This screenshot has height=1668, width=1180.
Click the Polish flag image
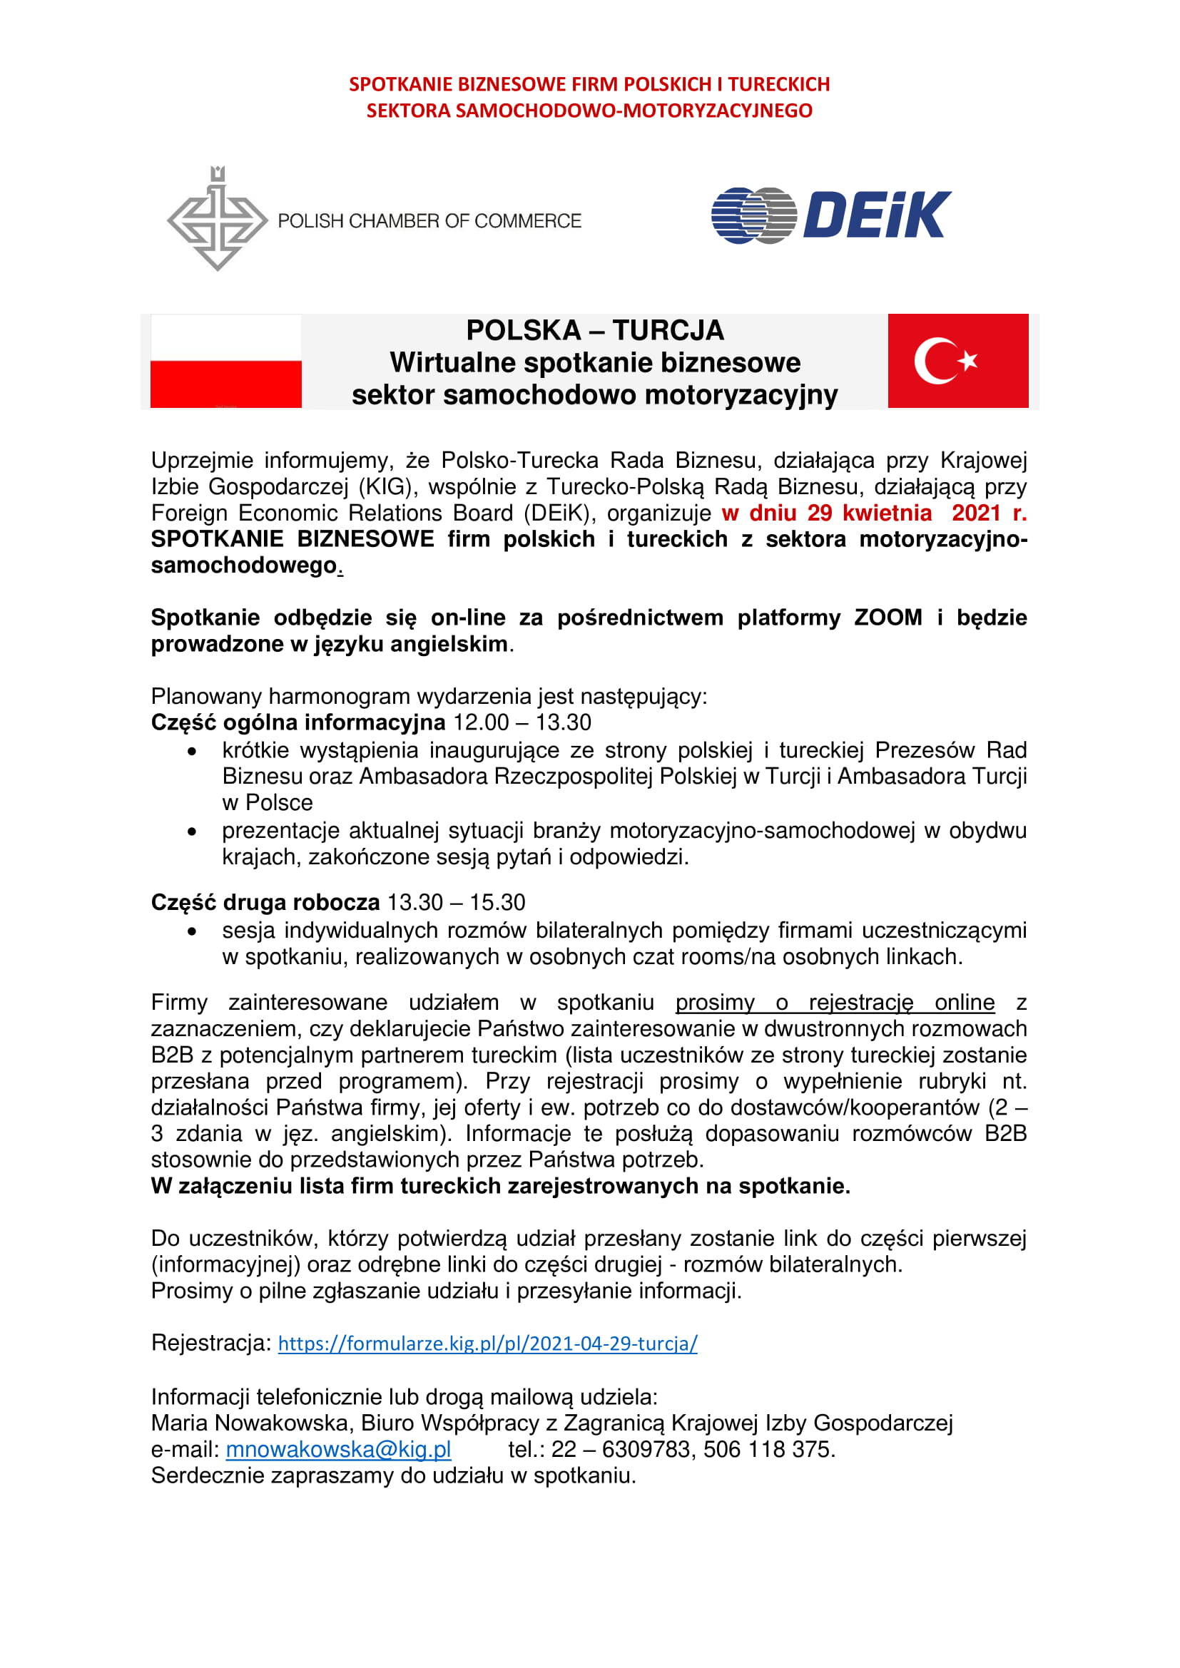(x=225, y=361)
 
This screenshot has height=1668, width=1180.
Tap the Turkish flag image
(x=957, y=361)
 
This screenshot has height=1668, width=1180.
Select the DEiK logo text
(x=876, y=215)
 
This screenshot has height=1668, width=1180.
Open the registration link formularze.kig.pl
(x=487, y=1344)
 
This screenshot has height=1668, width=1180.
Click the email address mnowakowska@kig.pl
(x=338, y=1449)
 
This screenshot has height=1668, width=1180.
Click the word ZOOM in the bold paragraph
(x=887, y=618)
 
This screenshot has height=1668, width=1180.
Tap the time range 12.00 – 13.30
(x=522, y=722)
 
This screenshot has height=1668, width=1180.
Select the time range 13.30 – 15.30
(x=456, y=902)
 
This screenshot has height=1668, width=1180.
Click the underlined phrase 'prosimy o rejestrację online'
(x=834, y=1003)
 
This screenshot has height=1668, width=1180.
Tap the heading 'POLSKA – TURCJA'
(x=594, y=331)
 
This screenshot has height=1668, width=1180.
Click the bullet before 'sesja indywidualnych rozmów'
(x=192, y=931)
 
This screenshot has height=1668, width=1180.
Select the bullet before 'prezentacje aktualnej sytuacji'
(x=192, y=831)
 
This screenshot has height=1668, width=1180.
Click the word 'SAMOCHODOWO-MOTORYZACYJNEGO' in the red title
(x=634, y=111)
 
